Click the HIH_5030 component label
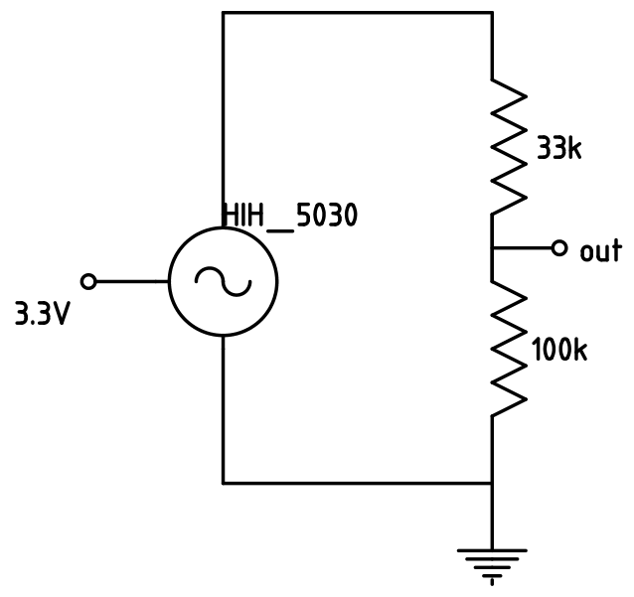pyautogui.click(x=289, y=216)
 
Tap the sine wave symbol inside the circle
pyautogui.click(x=223, y=282)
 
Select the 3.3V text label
pyautogui.click(x=42, y=315)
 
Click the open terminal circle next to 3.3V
pyautogui.click(x=88, y=281)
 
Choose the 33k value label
pyautogui.click(x=558, y=149)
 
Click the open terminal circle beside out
pyautogui.click(x=559, y=247)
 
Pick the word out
pyautogui.click(x=600, y=250)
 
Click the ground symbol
pyautogui.click(x=492, y=562)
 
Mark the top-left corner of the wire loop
pyautogui.click(x=223, y=13)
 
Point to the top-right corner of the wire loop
pyautogui.click(x=492, y=13)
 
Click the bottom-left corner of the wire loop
pyautogui.click(x=223, y=483)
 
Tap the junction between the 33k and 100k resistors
pyautogui.click(x=492, y=247)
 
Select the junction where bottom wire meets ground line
pyautogui.click(x=492, y=483)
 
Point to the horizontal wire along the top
pyautogui.click(x=358, y=13)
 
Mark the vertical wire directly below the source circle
pyautogui.click(x=223, y=407)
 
